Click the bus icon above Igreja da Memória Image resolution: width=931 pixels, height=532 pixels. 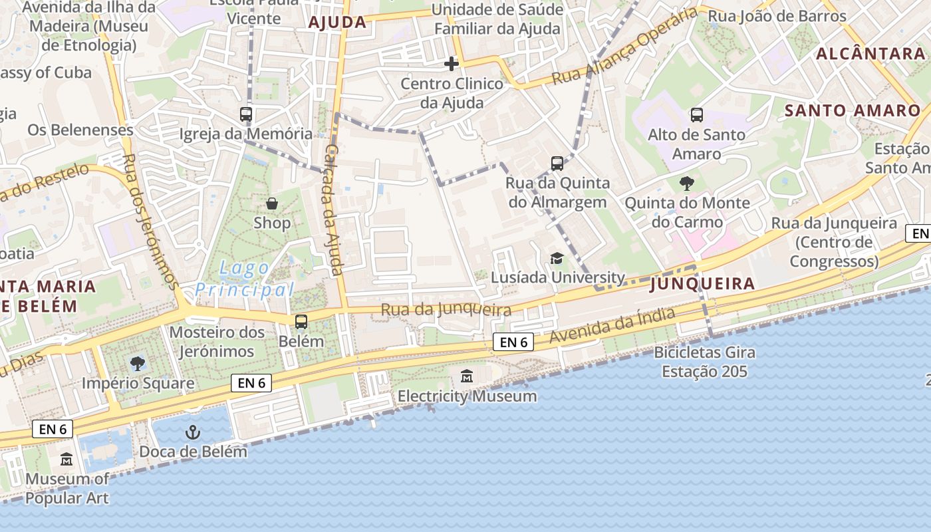pyautogui.click(x=246, y=114)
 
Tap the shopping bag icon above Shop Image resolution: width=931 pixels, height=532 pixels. pyautogui.click(x=272, y=203)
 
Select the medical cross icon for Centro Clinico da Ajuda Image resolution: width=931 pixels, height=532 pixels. pyautogui.click(x=452, y=64)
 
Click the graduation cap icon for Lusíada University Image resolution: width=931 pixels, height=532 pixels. pyautogui.click(x=557, y=258)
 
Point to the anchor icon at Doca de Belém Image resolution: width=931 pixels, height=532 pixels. pyautogui.click(x=193, y=432)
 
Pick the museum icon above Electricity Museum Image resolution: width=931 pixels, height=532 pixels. pyautogui.click(x=467, y=377)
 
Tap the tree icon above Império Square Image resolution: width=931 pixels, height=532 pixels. pyautogui.click(x=138, y=363)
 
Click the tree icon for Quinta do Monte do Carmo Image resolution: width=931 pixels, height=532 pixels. pyautogui.click(x=687, y=183)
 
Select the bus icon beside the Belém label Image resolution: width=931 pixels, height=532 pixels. pyautogui.click(x=301, y=322)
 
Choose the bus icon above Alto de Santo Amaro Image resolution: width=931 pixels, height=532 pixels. pyautogui.click(x=697, y=115)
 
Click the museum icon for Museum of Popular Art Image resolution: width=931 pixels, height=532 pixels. pyautogui.click(x=66, y=459)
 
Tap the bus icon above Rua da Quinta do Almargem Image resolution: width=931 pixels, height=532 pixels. pyautogui.click(x=557, y=163)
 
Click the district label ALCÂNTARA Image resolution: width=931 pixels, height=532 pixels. pyautogui.click(x=870, y=54)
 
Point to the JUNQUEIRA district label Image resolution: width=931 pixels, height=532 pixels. pyautogui.click(x=702, y=285)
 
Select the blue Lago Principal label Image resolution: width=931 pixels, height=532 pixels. pyautogui.click(x=245, y=279)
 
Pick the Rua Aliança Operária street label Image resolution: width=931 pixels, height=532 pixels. pyautogui.click(x=625, y=47)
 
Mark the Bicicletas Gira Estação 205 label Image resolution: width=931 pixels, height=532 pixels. pyautogui.click(x=704, y=362)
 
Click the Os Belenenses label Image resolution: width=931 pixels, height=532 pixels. pyautogui.click(x=80, y=130)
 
